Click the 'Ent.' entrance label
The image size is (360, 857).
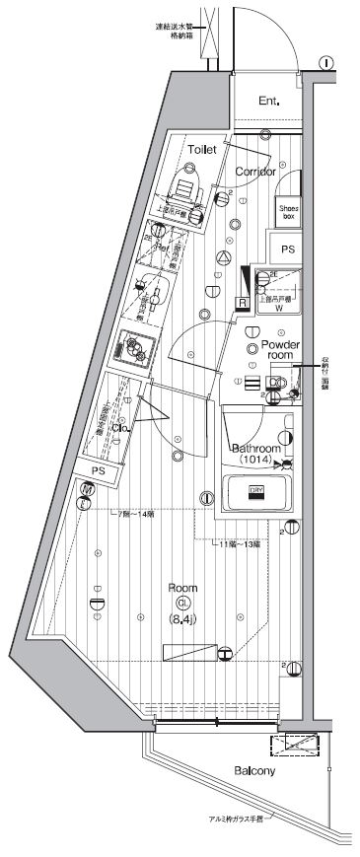click(x=269, y=101)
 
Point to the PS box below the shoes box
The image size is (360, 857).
click(x=288, y=250)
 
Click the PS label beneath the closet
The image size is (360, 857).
click(x=97, y=471)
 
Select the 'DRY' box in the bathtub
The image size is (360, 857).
click(x=255, y=491)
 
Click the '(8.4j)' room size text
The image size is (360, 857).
click(x=183, y=618)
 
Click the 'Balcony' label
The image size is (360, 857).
click(x=254, y=770)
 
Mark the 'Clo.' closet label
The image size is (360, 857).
click(x=122, y=428)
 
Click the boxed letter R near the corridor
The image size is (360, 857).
click(x=240, y=302)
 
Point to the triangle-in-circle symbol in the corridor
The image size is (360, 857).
click(x=223, y=257)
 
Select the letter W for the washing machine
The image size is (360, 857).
click(x=278, y=308)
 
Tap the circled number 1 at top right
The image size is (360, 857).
click(x=326, y=62)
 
